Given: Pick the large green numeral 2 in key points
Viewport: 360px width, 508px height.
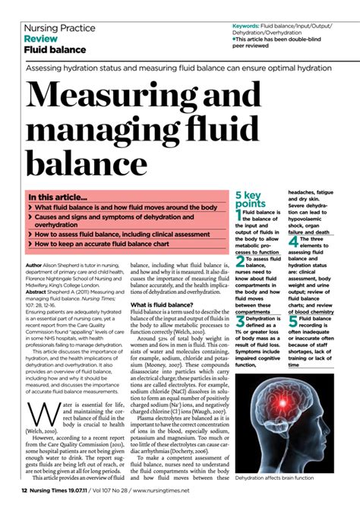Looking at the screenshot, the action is [x=241, y=261].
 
